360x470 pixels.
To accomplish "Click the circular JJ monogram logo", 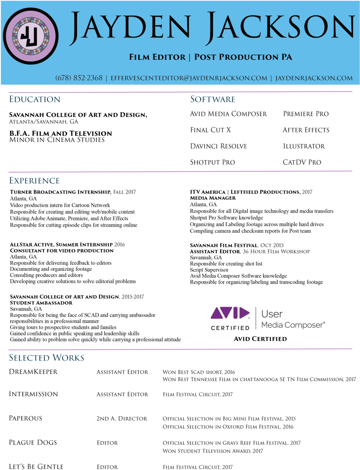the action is pyautogui.click(x=31, y=36).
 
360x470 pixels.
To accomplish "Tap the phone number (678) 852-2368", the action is pyautogui.click(x=79, y=78).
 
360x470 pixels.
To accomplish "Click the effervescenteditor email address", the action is pyautogui.click(x=189, y=78).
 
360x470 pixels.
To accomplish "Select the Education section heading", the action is pyautogui.click(x=35, y=99).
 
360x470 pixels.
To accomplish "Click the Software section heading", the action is pyautogui.click(x=213, y=99).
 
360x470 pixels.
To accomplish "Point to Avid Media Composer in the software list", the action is pyautogui.click(x=228, y=114).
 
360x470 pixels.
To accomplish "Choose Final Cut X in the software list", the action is pyautogui.click(x=210, y=130).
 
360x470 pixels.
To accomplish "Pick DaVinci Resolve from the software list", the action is pyautogui.click(x=218, y=146).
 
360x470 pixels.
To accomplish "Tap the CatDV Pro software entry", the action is pyautogui.click(x=302, y=162).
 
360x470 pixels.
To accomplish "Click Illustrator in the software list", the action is pyautogui.click(x=304, y=146).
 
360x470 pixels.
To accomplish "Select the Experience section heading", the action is pyautogui.click(x=34, y=181).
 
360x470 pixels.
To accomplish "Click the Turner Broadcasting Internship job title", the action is pyautogui.click(x=60, y=192).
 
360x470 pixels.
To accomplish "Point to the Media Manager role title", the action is pyautogui.click(x=213, y=198).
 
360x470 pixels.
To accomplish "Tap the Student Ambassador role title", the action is pyautogui.click(x=41, y=303).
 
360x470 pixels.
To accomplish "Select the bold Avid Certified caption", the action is pyautogui.click(x=260, y=339).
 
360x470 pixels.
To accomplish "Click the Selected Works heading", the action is pyautogui.click(x=46, y=358).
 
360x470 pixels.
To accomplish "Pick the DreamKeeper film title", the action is pyautogui.click(x=33, y=372).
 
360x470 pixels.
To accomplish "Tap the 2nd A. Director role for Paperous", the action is pyautogui.click(x=122, y=418).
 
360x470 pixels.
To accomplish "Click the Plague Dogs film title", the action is pyautogui.click(x=33, y=442).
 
